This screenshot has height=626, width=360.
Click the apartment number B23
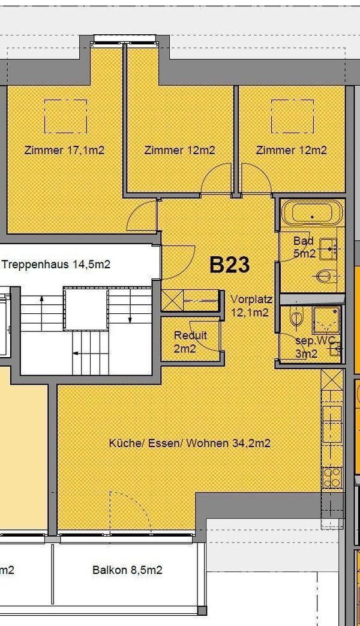click(229, 265)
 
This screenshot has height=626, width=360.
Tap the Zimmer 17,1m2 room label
click(64, 150)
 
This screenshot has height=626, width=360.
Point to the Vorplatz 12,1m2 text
click(251, 305)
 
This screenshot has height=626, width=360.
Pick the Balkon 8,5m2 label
click(127, 570)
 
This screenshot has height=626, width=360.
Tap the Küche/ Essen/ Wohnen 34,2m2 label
click(190, 444)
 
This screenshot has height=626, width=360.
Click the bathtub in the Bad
click(312, 214)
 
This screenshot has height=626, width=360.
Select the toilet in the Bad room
click(323, 277)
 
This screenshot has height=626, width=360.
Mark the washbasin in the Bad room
click(328, 247)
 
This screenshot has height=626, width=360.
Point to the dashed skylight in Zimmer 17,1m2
click(66, 116)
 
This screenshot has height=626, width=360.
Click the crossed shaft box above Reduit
click(172, 298)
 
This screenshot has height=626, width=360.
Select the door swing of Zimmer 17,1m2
click(142, 216)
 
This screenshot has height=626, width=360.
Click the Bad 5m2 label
click(304, 247)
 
